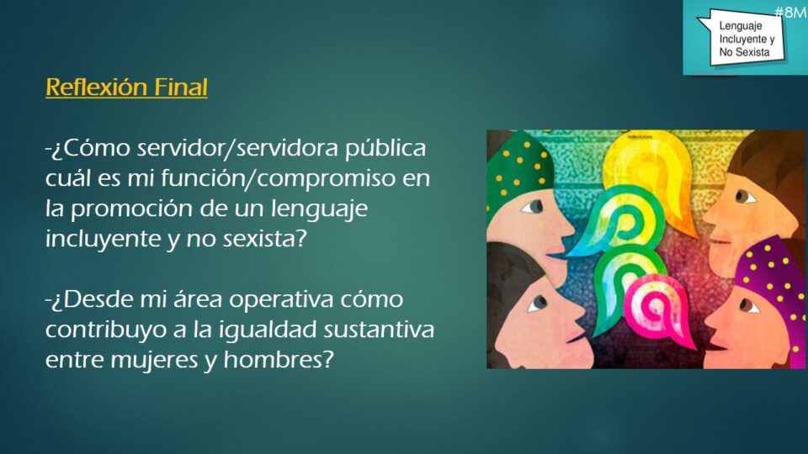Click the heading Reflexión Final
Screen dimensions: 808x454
126,87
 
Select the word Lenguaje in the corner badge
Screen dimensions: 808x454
741,25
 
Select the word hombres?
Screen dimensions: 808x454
279,359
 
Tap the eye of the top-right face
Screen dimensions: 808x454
743,196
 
